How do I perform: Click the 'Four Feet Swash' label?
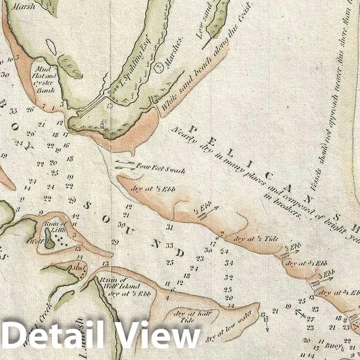click(161, 169)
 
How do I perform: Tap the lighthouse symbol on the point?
click(102, 124)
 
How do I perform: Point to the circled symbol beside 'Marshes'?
click(159, 67)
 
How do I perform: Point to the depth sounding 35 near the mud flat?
click(14, 111)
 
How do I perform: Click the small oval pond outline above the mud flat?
click(51, 47)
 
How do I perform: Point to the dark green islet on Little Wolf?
click(50, 240)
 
